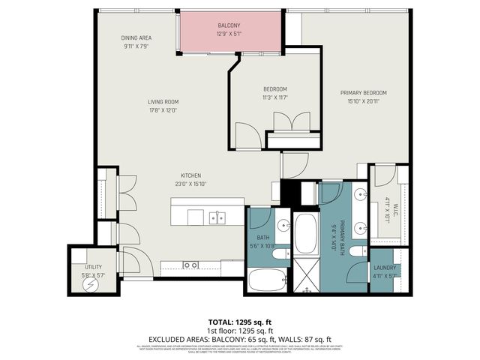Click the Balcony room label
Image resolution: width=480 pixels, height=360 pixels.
[229, 25]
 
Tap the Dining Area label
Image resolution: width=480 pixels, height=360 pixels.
[138, 38]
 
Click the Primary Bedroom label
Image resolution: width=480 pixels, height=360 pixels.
[363, 93]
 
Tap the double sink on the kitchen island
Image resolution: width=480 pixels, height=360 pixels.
[217, 217]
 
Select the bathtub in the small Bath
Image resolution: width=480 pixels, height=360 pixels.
[266, 280]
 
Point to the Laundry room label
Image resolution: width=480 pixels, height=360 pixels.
[384, 267]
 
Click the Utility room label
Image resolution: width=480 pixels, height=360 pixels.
[93, 266]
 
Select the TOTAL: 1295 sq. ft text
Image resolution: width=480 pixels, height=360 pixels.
[240, 321]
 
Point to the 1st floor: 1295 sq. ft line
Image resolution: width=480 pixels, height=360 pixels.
[240, 330]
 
